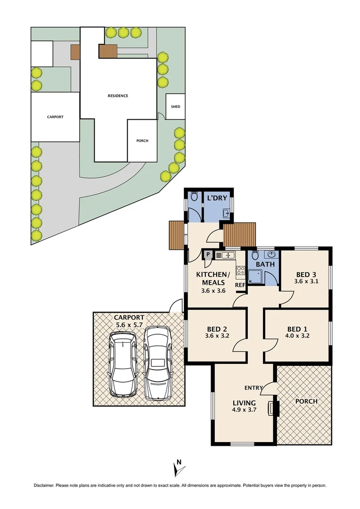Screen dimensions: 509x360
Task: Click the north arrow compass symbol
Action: (178, 468)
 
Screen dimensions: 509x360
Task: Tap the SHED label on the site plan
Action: (175, 107)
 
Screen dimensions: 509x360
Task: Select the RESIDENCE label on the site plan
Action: (118, 96)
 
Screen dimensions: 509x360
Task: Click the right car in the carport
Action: (158, 363)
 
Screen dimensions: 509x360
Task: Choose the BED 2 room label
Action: (217, 329)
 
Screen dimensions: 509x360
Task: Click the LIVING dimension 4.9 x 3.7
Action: (244, 410)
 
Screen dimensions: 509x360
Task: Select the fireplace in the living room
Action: (274, 408)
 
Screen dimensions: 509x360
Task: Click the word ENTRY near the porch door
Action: (254, 388)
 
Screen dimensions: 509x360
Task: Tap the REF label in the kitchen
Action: (240, 285)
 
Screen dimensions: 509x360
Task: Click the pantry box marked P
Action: (207, 255)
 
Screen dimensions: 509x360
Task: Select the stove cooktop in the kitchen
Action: (240, 271)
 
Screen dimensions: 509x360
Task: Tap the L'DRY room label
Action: (217, 198)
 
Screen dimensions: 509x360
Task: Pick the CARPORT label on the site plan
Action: (55, 117)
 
